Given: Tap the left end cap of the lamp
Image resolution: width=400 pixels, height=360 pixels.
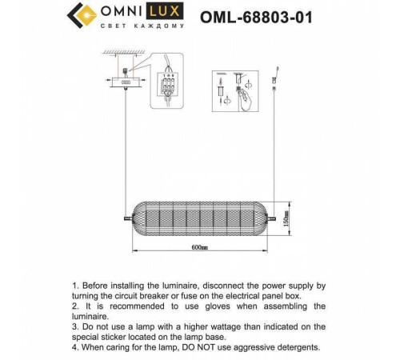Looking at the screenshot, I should click(129, 218).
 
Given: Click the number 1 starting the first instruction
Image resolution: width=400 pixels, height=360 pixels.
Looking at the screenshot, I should click(74, 286).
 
